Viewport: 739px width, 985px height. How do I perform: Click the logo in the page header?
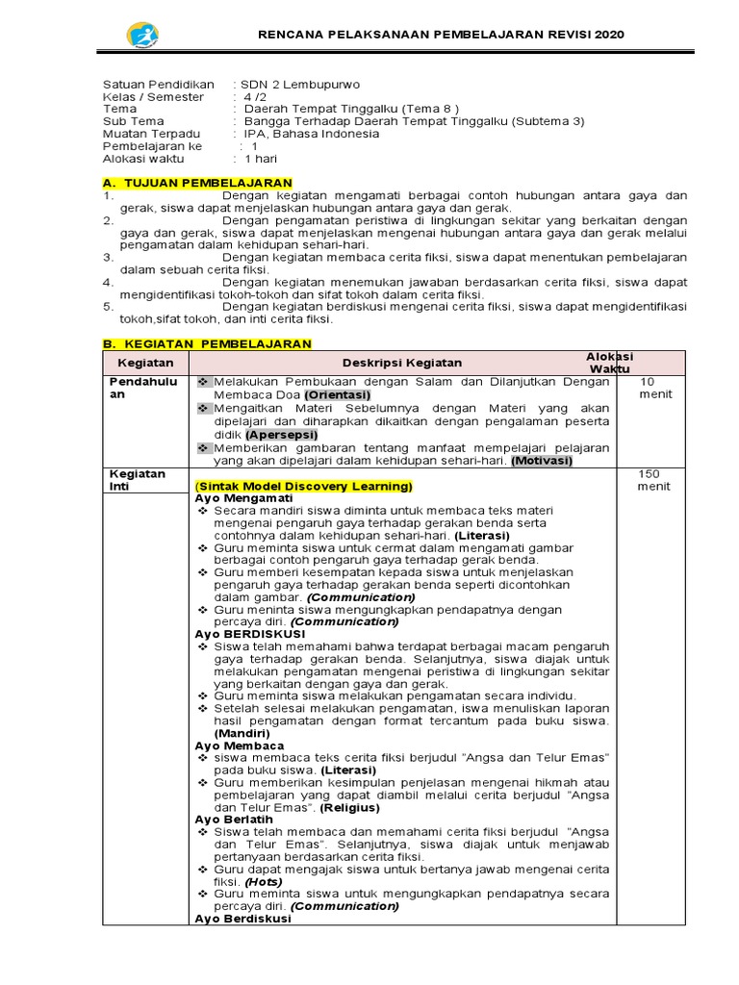(x=142, y=36)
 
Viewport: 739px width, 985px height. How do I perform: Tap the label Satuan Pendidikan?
(x=158, y=85)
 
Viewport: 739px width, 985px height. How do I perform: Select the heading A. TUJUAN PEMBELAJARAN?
(x=197, y=183)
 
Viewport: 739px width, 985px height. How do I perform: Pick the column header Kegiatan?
(x=145, y=363)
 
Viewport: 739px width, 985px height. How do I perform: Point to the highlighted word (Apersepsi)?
(x=279, y=435)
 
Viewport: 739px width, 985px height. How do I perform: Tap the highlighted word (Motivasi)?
(x=542, y=461)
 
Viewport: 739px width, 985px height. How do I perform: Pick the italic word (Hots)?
(x=263, y=881)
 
